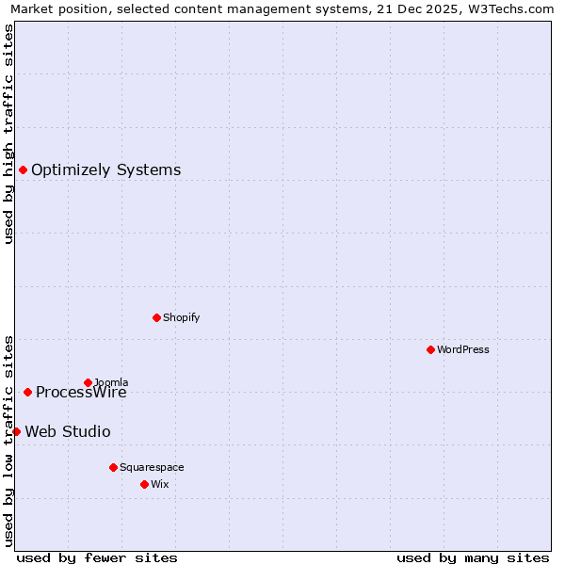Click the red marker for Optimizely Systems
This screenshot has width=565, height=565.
pos(23,170)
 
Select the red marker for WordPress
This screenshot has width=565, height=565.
pos(430,349)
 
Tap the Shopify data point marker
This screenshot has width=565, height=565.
pos(156,317)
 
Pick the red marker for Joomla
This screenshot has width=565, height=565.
pos(88,382)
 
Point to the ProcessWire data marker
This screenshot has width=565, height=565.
pos(27,392)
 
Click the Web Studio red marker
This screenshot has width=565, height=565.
pos(16,431)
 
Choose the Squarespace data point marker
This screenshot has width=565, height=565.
pos(113,467)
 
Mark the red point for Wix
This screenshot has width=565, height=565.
pos(144,484)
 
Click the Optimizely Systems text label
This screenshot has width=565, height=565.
pos(105,170)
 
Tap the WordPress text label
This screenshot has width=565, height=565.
pos(462,349)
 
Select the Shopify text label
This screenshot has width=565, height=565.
pos(181,317)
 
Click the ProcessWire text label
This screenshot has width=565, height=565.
pos(81,393)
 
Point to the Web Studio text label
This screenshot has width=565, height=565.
pos(67,432)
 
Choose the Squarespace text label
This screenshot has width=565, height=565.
pos(152,467)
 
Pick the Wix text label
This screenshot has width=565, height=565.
pos(159,484)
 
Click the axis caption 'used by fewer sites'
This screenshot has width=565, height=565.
pos(97,557)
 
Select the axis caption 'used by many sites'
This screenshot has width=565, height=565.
pos(473,557)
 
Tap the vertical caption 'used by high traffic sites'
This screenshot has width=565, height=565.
pos(8,134)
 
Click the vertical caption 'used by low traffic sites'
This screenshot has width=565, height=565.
pos(8,440)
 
